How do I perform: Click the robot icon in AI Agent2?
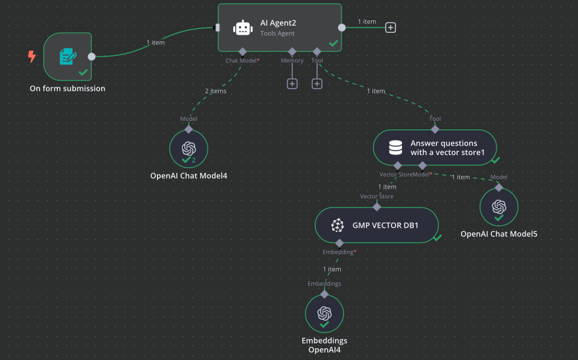tap(243, 28)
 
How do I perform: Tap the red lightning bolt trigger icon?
tap(32, 56)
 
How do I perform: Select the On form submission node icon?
tap(67, 56)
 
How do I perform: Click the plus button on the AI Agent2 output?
tap(390, 28)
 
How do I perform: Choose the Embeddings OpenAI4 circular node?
tap(324, 313)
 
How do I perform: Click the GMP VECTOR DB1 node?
tap(376, 225)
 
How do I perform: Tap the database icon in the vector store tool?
tap(395, 147)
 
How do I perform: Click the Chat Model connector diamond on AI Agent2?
tap(242, 51)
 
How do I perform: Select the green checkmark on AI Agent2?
tap(333, 43)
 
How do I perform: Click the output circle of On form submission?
tap(91, 56)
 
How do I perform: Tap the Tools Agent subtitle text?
tap(277, 34)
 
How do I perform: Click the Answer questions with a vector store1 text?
tap(444, 148)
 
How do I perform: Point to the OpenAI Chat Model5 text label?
tap(499, 234)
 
